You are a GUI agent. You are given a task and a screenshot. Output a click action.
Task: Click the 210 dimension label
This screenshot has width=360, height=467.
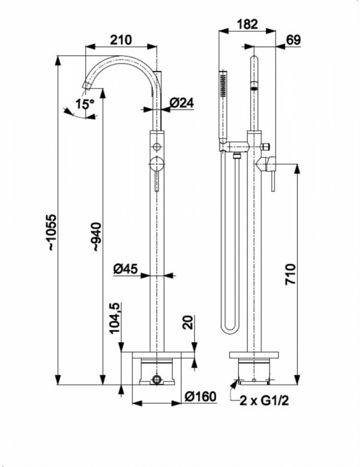[121, 40]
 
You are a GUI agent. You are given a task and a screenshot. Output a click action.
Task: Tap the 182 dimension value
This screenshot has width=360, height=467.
[247, 24]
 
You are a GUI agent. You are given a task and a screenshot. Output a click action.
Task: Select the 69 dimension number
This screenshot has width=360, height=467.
[293, 40]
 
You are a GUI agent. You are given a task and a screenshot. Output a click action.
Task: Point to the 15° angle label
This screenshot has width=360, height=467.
[85, 104]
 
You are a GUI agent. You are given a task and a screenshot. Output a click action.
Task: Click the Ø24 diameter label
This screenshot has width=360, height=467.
[182, 103]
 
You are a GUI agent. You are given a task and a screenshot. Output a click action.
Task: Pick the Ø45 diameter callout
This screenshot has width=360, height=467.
[125, 269]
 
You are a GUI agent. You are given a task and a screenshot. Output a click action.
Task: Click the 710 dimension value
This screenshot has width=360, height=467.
[290, 274]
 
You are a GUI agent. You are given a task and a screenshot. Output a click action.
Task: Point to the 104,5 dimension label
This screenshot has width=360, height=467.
[115, 318]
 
